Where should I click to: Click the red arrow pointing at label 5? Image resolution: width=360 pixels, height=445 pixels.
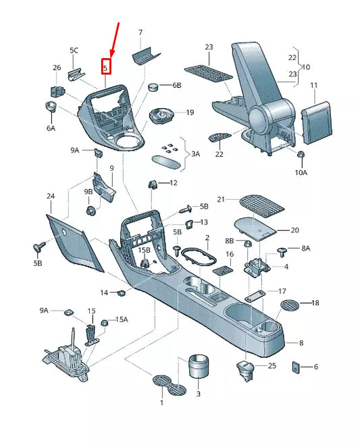[x=114, y=41]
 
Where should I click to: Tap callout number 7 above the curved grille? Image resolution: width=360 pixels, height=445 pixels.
[x=140, y=32]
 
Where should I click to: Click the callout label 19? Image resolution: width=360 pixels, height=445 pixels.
[x=190, y=112]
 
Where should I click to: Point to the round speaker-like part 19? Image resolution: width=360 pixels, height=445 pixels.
[x=161, y=115]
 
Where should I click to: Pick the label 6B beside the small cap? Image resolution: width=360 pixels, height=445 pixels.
[x=176, y=85]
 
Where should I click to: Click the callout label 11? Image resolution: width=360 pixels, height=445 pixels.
[x=313, y=85]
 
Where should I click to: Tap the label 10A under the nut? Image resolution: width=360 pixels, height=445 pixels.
[x=301, y=173]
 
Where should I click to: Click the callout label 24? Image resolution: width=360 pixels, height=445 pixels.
[x=51, y=196]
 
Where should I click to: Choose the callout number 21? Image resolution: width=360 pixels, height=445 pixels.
[x=221, y=199]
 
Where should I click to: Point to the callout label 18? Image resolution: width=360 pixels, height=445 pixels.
[x=315, y=303]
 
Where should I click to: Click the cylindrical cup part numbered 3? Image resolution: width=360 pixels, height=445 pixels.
[x=199, y=366]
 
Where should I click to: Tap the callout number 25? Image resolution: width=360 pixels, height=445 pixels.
[x=272, y=365]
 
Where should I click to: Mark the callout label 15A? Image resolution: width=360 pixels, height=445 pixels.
[x=122, y=319]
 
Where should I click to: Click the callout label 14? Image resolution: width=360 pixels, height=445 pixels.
[x=104, y=292]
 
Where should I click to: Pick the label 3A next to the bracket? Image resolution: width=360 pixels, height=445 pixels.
[x=196, y=154]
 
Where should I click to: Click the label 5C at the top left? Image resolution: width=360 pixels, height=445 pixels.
[x=74, y=50]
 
